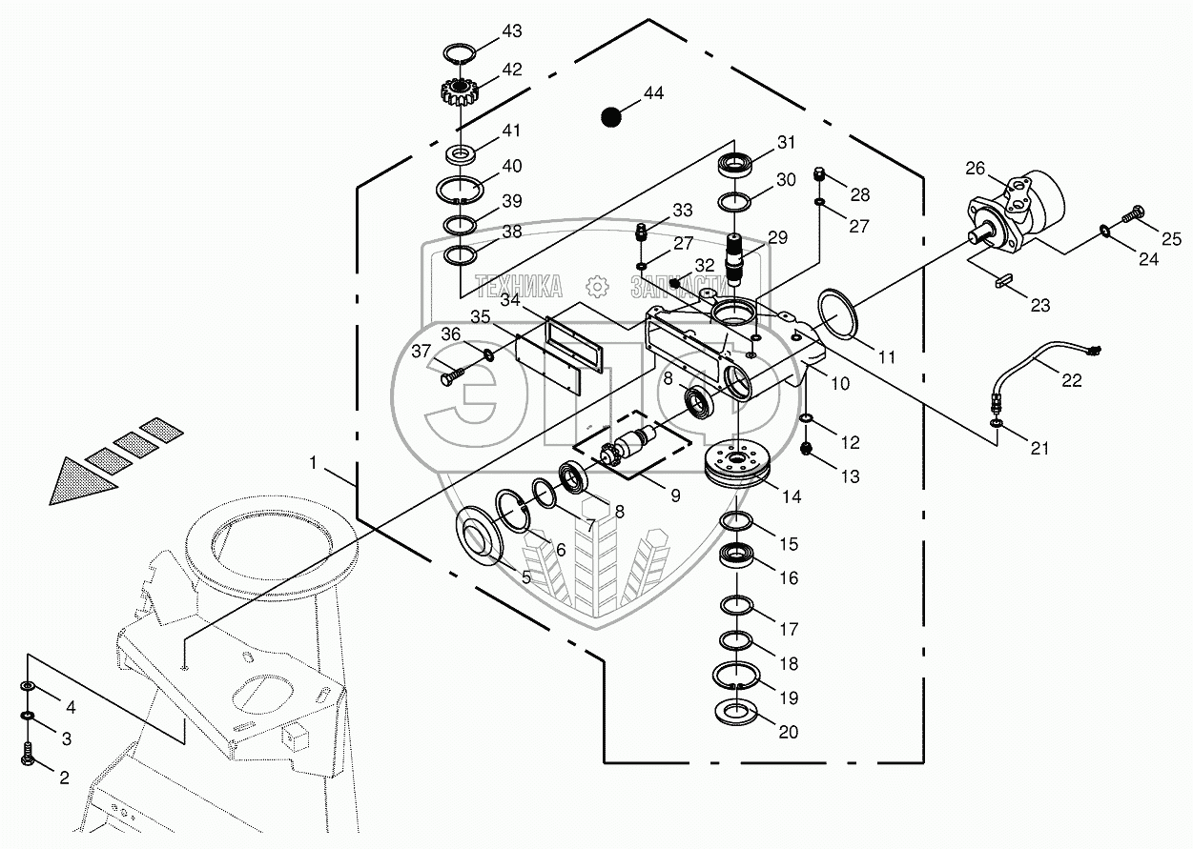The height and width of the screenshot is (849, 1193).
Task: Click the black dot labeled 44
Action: click(610, 116)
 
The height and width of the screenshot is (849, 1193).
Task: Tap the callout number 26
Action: click(975, 168)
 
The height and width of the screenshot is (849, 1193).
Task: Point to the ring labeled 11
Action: click(835, 313)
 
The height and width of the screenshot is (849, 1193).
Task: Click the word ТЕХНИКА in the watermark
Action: click(518, 285)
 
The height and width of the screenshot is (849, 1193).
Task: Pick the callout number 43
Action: click(512, 31)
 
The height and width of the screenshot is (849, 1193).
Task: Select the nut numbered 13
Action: click(806, 449)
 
